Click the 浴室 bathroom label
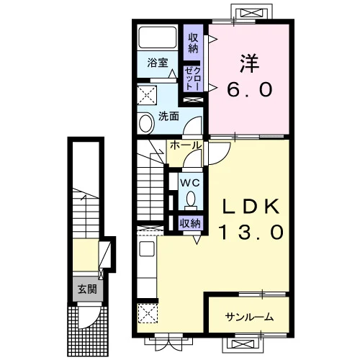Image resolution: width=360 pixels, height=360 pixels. coord(158,63)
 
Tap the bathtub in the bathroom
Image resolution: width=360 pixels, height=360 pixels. coord(158,37)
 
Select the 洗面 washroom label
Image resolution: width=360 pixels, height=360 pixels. coord(168,117)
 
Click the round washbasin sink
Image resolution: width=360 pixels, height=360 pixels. coord(145,123)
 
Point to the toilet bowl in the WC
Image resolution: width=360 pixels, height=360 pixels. coord(191,199)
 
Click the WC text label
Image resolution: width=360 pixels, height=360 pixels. coord(190,184)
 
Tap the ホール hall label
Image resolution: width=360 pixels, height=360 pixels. coord(185,145)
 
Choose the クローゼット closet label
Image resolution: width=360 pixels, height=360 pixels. coord(193,78)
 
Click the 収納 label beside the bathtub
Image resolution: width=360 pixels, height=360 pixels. coord(193,43)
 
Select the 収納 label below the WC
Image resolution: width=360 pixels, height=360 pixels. coord(190,224)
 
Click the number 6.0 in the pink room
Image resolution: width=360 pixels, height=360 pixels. coord(250,89)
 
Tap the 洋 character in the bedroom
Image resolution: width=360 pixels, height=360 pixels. coord(249,63)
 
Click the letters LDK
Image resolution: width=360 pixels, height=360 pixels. coord(251,206)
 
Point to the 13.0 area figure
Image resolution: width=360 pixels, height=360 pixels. coord(251,232)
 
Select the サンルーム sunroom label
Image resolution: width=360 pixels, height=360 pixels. coord(249,318)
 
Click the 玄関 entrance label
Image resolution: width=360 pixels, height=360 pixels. coord(87,289)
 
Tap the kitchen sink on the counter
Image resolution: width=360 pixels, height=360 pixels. coord(147,248)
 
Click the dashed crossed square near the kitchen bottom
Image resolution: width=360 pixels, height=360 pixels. coord(148,313)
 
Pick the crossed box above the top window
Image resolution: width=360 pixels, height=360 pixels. coord(251,12)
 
